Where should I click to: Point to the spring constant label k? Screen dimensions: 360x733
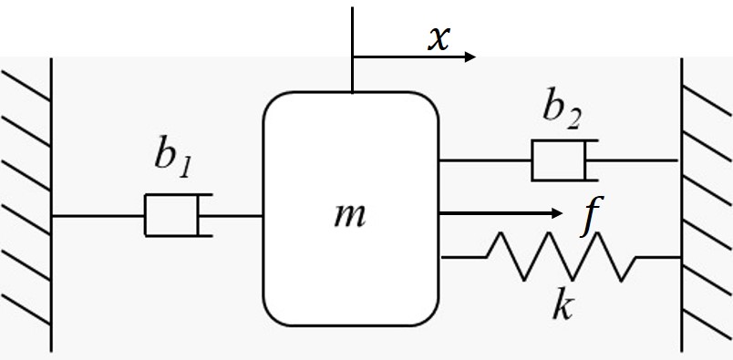[563, 305]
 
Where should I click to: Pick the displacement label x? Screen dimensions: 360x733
[439, 39]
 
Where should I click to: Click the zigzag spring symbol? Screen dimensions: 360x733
[561, 257]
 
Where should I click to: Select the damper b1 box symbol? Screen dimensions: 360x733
[173, 216]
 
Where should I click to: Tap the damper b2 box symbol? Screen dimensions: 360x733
[560, 160]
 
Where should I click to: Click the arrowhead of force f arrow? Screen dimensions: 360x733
[556, 213]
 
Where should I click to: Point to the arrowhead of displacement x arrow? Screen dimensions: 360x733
[470, 57]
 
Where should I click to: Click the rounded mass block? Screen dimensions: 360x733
[350, 273]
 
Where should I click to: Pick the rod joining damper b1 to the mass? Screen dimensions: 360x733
[237, 216]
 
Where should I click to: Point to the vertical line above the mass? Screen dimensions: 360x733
[352, 46]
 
